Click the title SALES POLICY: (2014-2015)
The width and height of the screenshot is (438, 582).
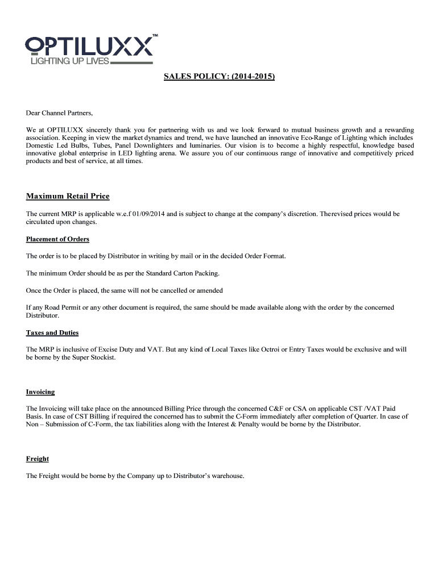pos(220,76)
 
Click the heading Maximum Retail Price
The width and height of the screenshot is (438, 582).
pos(68,197)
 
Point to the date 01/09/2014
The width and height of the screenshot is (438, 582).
pos(149,214)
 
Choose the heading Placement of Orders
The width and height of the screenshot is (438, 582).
pos(57,239)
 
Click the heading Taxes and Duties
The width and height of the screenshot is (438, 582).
pos(52,332)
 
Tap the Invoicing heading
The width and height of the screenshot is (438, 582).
pos(40,392)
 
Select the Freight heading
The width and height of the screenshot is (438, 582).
pos(38,459)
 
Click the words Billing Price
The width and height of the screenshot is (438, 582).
pos(185,409)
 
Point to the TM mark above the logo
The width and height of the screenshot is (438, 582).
pos(155,36)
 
